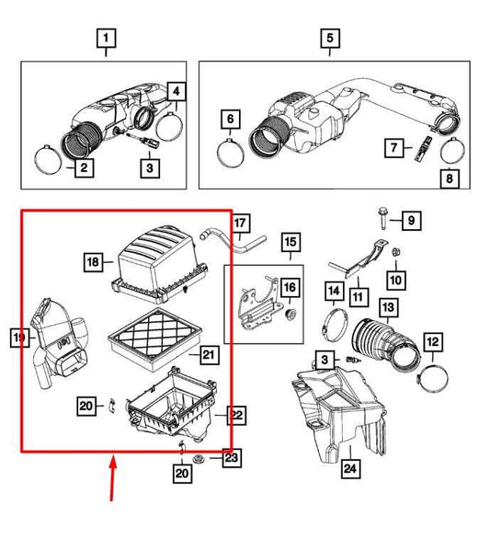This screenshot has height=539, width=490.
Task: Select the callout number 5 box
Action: pos(329,39)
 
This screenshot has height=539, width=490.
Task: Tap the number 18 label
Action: pos(93,262)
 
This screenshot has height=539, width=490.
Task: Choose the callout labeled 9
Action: pos(412,220)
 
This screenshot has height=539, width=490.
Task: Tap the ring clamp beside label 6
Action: pos(232,147)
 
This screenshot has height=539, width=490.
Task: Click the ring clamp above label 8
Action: pos(451,148)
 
